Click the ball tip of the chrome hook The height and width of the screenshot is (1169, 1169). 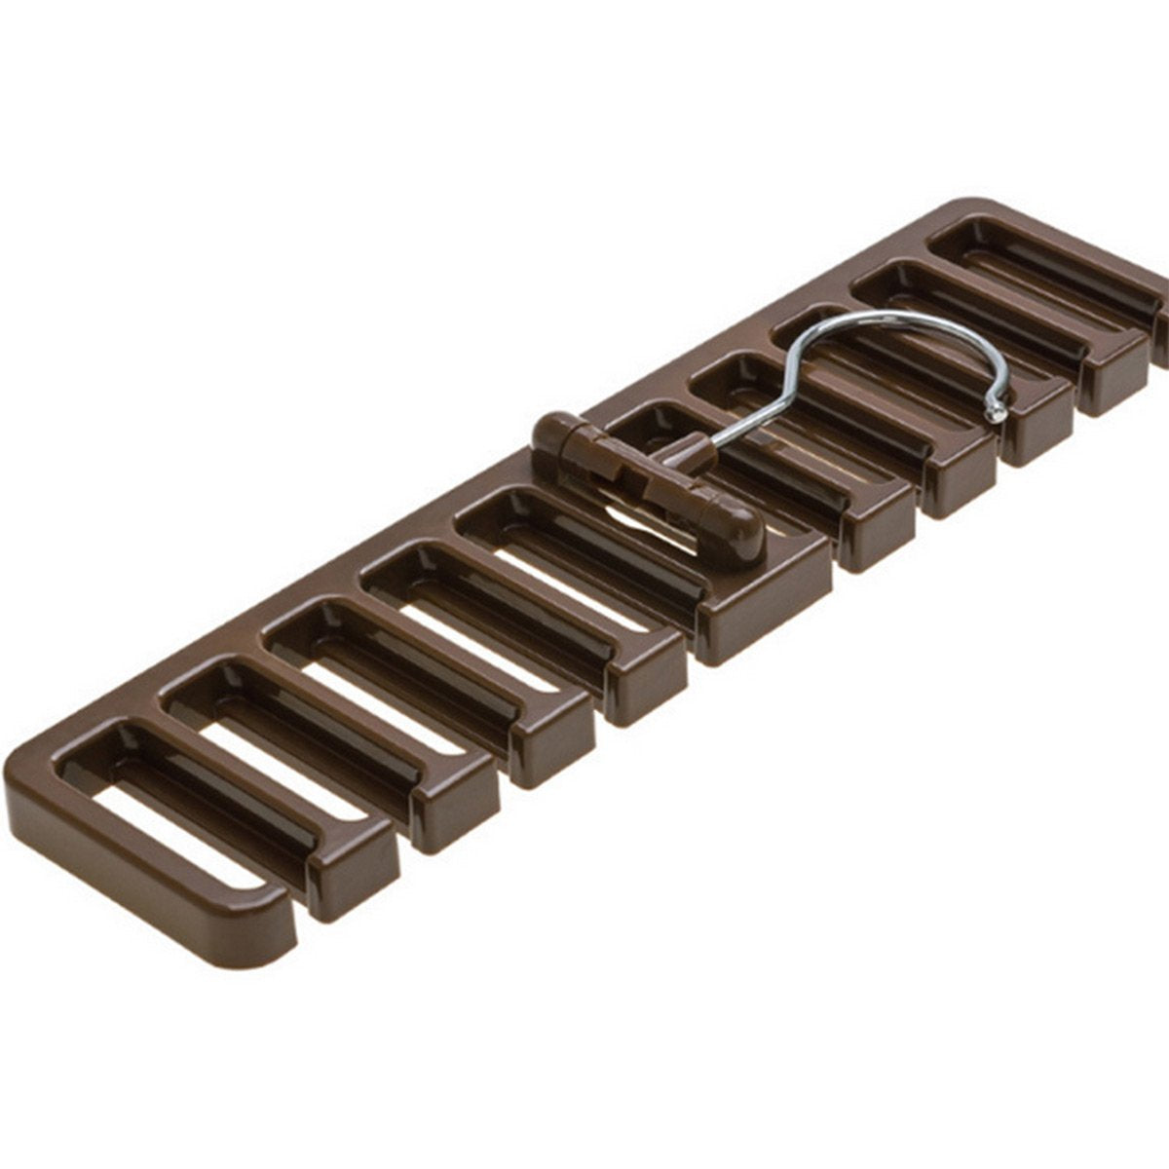pos(995,414)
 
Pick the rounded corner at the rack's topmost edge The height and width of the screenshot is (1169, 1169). pos(984,205)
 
